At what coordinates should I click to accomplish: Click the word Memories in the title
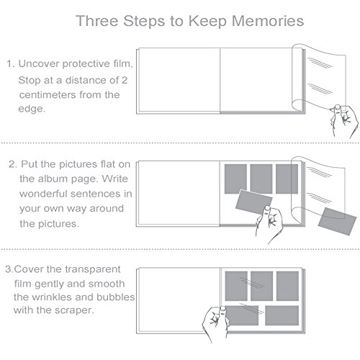tap(268, 21)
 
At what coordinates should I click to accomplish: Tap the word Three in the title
tap(97, 21)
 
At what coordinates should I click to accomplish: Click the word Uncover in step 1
tap(39, 63)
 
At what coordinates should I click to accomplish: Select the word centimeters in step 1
tap(48, 95)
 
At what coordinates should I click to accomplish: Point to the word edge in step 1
tap(32, 109)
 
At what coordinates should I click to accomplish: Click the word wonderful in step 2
tap(43, 194)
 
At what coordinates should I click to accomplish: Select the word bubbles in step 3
tap(115, 297)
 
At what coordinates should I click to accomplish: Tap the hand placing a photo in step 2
tap(269, 224)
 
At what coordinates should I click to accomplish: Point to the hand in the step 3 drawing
tap(215, 323)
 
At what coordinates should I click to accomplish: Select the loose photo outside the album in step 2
tap(337, 221)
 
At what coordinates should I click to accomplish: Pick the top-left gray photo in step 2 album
tap(235, 179)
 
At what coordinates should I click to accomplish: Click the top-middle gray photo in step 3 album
tap(261, 286)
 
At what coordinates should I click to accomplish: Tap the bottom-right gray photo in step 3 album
tap(282, 315)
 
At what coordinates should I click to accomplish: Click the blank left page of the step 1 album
tap(179, 80)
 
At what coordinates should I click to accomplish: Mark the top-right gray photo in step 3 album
tap(287, 286)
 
